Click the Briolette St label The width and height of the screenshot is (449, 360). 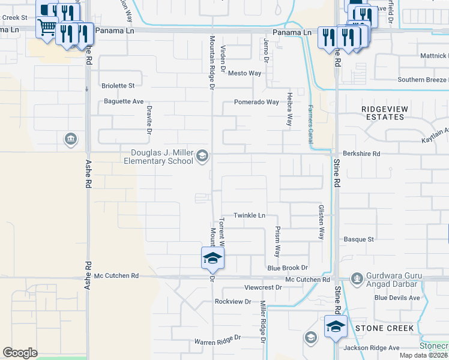118,86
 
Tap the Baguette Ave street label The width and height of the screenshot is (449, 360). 122,101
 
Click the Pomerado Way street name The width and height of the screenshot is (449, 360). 256,102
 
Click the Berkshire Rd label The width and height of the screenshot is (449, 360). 363,154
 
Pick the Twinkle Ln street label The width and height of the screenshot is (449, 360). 249,215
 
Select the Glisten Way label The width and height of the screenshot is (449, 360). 321,222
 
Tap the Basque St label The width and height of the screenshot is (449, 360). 359,239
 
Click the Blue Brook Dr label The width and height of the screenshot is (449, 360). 288,268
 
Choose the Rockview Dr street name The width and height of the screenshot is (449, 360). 232,301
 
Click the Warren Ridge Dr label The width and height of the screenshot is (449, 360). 217,341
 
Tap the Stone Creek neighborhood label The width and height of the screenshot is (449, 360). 385,328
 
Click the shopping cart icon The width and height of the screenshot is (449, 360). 46,26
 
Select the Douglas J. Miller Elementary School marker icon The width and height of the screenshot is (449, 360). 202,157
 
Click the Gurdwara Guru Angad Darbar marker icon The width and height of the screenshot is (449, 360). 358,278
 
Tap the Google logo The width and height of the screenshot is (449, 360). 20,352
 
